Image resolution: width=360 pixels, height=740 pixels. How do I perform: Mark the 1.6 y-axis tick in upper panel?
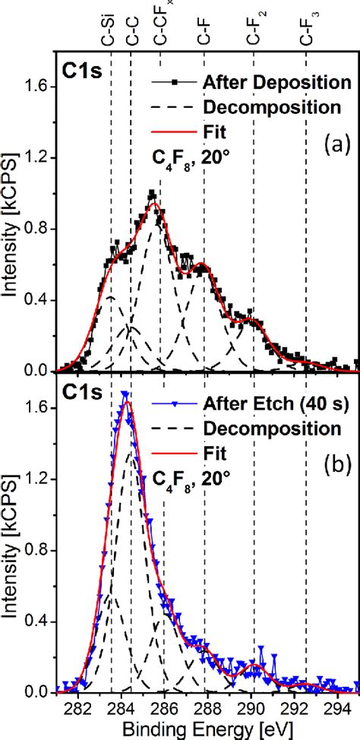tap(39, 87)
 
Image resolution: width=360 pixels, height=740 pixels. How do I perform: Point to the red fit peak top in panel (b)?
tap(126, 401)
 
